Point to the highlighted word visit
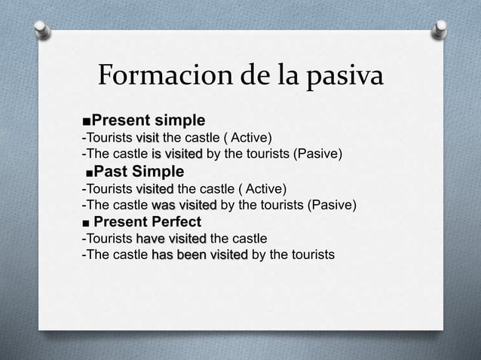147,138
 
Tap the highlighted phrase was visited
184,206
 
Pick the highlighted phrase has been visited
200,255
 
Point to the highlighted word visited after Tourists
155,188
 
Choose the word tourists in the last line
308,255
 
